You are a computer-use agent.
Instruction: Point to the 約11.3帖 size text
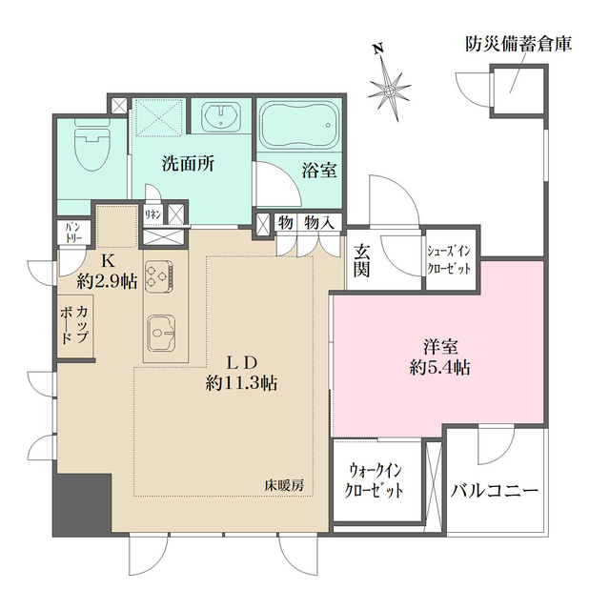[x=241, y=383]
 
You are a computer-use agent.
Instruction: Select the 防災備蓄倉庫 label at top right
[x=518, y=44]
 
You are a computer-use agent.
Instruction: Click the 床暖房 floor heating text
[x=283, y=485]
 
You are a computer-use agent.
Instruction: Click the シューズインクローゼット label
[x=448, y=260]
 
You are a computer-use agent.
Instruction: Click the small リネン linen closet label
[x=152, y=215]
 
